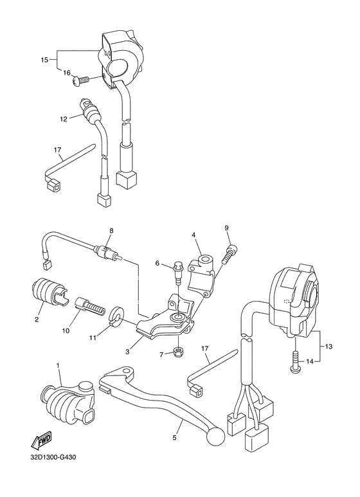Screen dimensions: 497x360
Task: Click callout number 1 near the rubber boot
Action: (x=59, y=366)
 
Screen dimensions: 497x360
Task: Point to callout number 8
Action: (x=111, y=230)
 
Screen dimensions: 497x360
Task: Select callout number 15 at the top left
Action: (x=44, y=60)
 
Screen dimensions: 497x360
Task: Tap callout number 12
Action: (x=64, y=119)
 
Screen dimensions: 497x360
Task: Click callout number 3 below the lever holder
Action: (x=127, y=352)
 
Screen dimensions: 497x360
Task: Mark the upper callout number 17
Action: (x=57, y=149)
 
